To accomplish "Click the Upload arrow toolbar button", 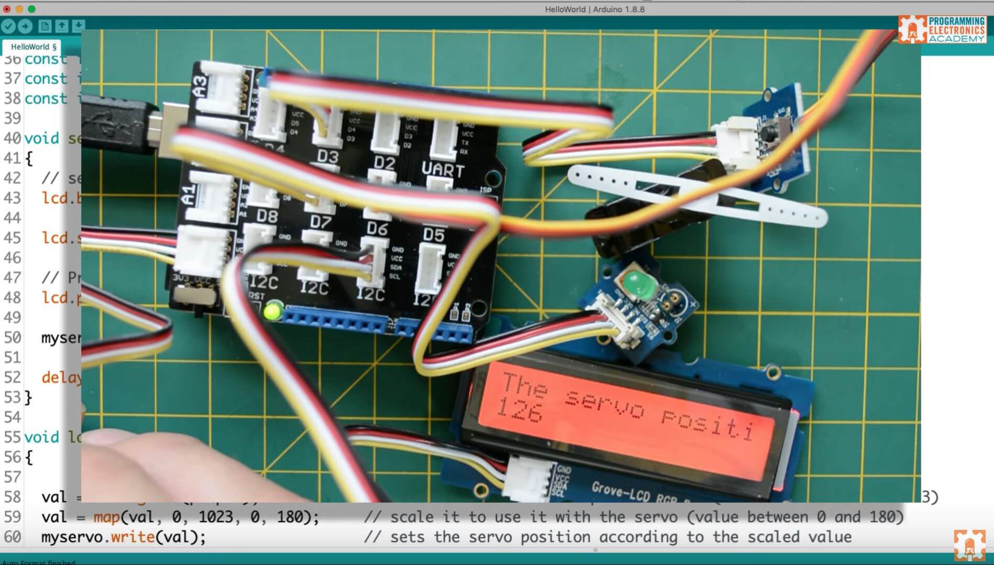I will point(25,26).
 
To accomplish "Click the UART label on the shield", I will point(443,169).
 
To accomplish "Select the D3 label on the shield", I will point(328,156).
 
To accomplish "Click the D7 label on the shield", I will point(321,222).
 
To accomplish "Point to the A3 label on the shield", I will point(200,86).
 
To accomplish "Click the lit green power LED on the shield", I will point(272,312).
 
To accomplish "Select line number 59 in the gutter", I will point(13,517).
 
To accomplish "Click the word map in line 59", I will point(106,517).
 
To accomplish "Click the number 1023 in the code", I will point(215,517).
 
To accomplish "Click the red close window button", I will point(7,9).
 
